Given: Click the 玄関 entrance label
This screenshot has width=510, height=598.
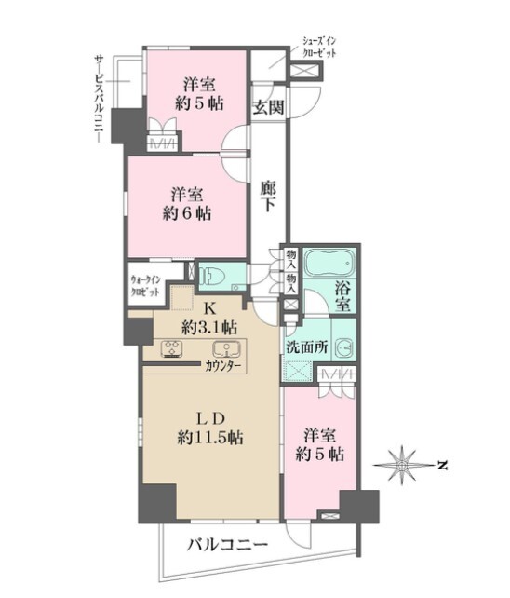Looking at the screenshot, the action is click(269, 108).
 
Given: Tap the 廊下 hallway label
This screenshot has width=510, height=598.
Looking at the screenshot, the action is click(268, 196).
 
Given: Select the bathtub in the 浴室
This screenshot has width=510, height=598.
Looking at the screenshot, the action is click(330, 264).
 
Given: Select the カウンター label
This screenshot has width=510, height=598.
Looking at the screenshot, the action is click(223, 366).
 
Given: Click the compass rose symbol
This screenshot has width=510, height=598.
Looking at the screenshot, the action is click(402, 465).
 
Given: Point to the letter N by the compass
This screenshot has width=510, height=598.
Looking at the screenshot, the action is click(442, 466).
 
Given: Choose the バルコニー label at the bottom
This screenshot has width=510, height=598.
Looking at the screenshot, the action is click(227, 545).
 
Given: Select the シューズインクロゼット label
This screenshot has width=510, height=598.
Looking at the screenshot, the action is click(319, 47).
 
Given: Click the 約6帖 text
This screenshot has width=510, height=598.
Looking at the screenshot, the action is click(187, 214).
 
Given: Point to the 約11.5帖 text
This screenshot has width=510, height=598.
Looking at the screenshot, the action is click(210, 438).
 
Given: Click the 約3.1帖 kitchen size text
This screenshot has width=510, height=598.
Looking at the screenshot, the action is click(209, 327).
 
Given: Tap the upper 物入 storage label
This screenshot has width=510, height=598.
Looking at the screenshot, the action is click(291, 259).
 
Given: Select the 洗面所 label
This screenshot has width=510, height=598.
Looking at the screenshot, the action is click(307, 347).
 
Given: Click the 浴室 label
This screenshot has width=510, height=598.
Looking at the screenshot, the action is click(342, 297).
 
